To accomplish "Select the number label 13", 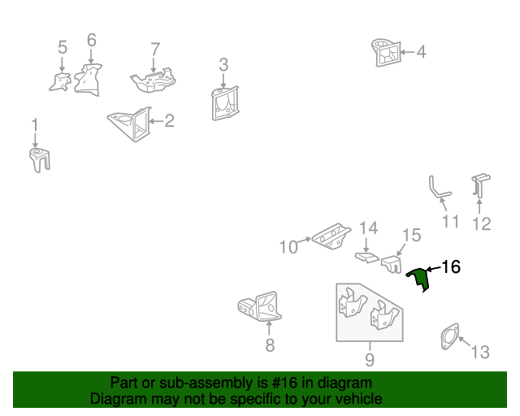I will [480, 352].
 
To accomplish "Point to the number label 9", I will [369, 359].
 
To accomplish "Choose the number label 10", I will [288, 245].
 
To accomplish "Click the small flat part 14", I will [366, 258].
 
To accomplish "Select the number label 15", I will [411, 236].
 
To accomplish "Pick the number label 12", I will [482, 222].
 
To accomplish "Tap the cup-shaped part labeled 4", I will [387, 50].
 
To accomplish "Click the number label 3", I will [223, 63].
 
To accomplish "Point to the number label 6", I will [91, 40].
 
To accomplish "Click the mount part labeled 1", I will [38, 158].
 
